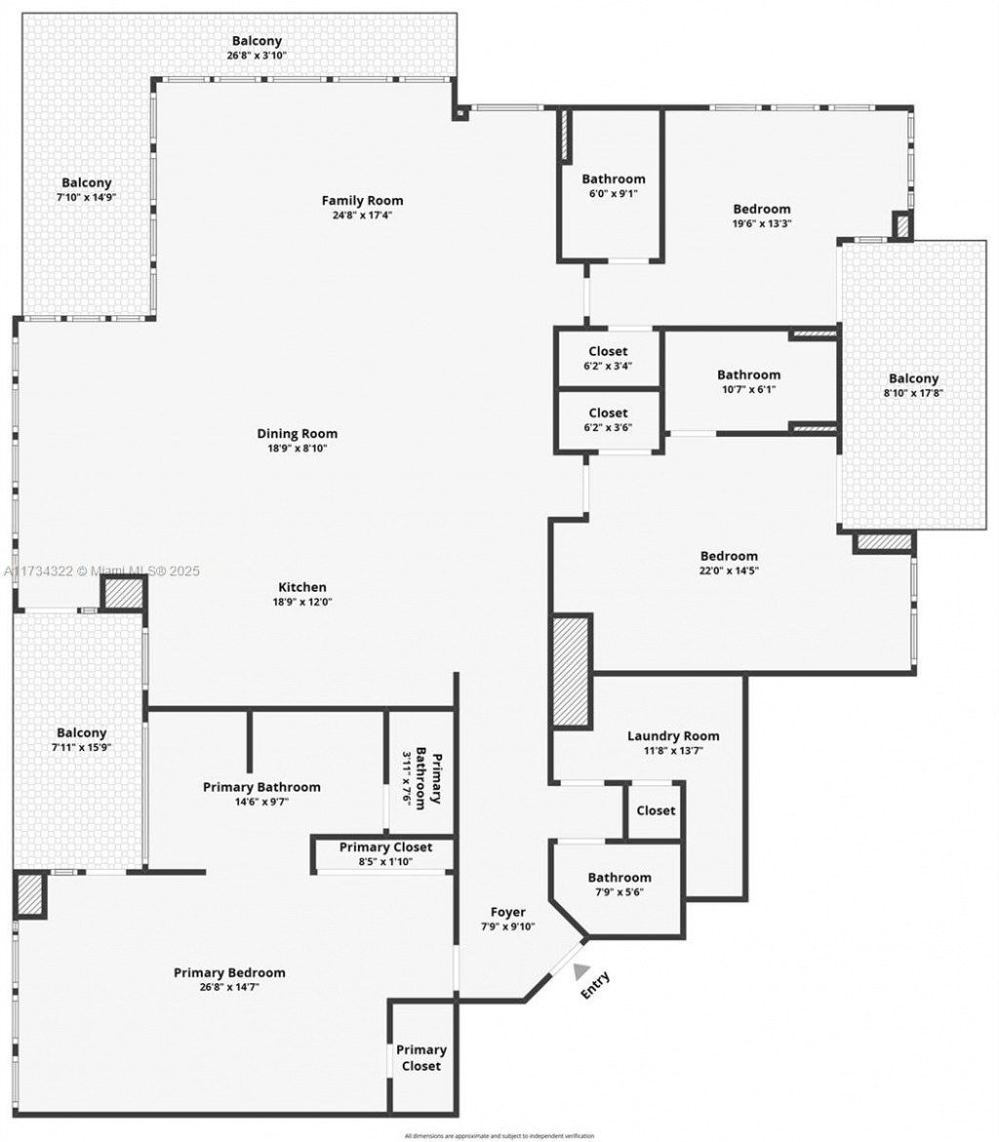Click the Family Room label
pos(362,201)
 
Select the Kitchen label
pos(302,587)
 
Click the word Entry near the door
pos(596,985)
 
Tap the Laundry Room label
pos(673,736)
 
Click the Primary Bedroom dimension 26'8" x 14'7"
pos(229,987)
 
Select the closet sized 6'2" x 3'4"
pos(608,359)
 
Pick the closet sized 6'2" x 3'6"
pos(608,420)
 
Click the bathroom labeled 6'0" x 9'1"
pos(614,186)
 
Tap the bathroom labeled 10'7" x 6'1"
pos(748,382)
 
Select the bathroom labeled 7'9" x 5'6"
pos(619,885)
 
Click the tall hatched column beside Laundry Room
pos(571,671)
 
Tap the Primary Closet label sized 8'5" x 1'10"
pos(385,854)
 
